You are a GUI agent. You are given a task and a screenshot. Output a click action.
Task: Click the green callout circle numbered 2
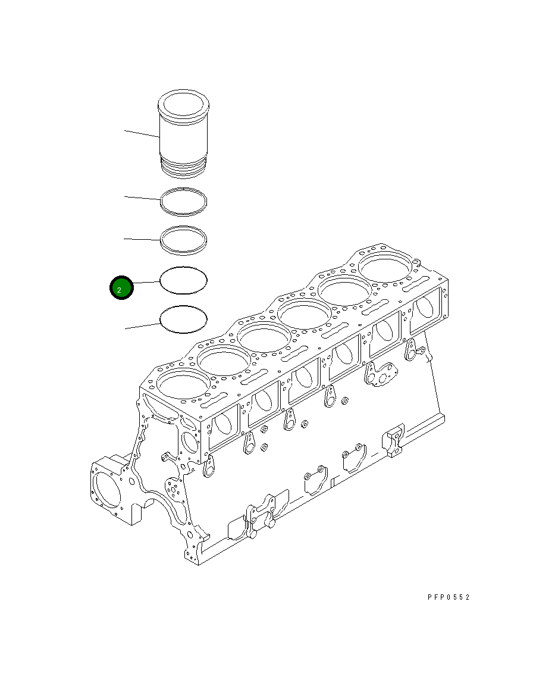click(121, 289)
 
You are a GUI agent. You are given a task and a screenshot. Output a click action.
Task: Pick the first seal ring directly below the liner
click(183, 202)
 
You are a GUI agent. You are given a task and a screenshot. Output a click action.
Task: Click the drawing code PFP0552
click(448, 597)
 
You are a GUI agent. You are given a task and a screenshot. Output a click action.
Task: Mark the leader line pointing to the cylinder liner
click(142, 133)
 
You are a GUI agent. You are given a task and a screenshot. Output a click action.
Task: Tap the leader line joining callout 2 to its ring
click(146, 282)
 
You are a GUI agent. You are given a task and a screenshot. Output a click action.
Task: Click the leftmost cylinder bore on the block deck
click(182, 386)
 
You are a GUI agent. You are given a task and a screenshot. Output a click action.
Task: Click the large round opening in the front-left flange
click(108, 488)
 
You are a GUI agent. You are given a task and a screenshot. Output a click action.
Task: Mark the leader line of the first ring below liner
click(142, 197)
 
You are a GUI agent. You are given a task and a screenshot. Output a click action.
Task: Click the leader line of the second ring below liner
click(142, 239)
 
